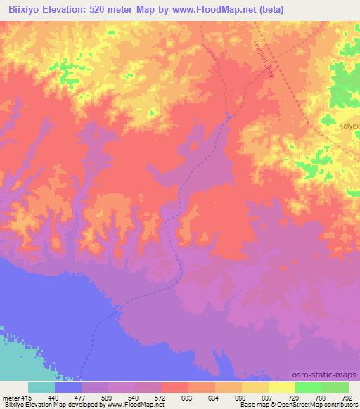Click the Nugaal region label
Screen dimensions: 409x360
coord(261,57)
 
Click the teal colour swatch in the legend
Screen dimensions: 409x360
coord(41,387)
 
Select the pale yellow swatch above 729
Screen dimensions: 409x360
coord(282,387)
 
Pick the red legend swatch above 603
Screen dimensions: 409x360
coord(175,387)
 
